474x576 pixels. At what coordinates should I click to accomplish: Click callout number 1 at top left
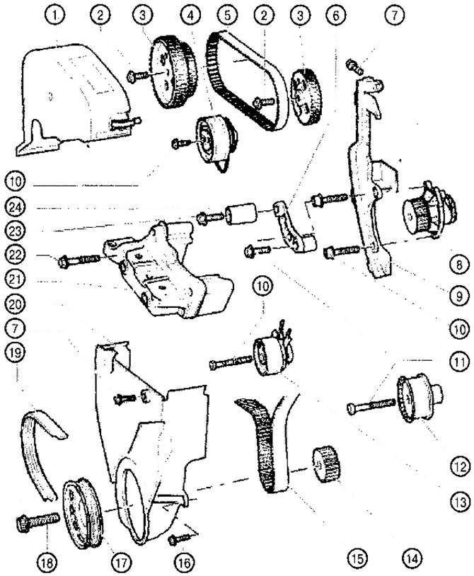point(55,15)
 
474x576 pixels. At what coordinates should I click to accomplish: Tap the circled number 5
point(227,15)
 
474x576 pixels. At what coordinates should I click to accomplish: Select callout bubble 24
point(15,207)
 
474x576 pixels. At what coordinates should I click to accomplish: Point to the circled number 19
point(15,352)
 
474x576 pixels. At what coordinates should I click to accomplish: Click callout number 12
point(460,466)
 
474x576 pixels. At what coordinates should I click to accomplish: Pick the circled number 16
point(185,561)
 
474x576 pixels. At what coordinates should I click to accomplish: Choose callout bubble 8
point(460,264)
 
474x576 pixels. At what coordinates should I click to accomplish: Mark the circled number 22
point(15,255)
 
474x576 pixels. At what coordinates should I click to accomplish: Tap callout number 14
point(412,558)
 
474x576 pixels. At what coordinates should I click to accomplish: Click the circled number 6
point(337,15)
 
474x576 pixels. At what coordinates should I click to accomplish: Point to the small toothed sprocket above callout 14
point(326,463)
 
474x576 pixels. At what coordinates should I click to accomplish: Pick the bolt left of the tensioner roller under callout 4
point(181,143)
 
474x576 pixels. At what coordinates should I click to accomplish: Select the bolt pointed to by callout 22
point(79,260)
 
